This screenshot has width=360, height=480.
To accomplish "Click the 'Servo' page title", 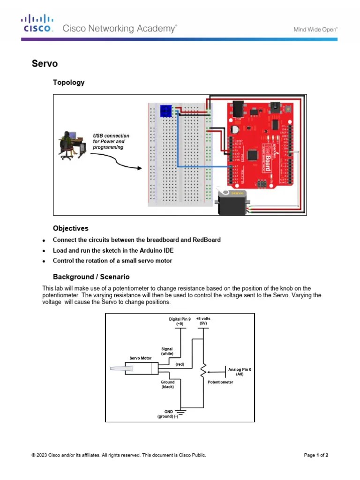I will (45, 63).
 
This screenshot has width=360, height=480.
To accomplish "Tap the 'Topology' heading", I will (68, 82).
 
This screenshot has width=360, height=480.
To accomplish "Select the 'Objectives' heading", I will (70, 228).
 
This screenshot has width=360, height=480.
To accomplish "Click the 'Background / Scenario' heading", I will (91, 277).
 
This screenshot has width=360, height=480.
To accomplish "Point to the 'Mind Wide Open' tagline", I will (315, 29).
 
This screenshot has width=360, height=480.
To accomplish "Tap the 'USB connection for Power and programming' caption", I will (111, 142).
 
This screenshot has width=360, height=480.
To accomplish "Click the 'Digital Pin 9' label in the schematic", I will (180, 321).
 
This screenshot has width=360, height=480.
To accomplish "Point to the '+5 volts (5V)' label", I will (203, 321).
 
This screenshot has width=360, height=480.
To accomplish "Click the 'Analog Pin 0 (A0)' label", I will (240, 372).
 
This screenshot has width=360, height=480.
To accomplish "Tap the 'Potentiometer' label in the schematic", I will (220, 382).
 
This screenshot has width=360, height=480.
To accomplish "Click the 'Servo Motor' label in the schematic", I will (141, 358).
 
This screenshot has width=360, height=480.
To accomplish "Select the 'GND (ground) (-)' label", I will (168, 414).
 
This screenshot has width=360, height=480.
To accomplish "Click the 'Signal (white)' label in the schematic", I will (167, 351).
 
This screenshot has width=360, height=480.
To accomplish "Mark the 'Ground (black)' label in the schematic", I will (167, 384).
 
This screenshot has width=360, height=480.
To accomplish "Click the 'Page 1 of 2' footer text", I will (316, 455).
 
